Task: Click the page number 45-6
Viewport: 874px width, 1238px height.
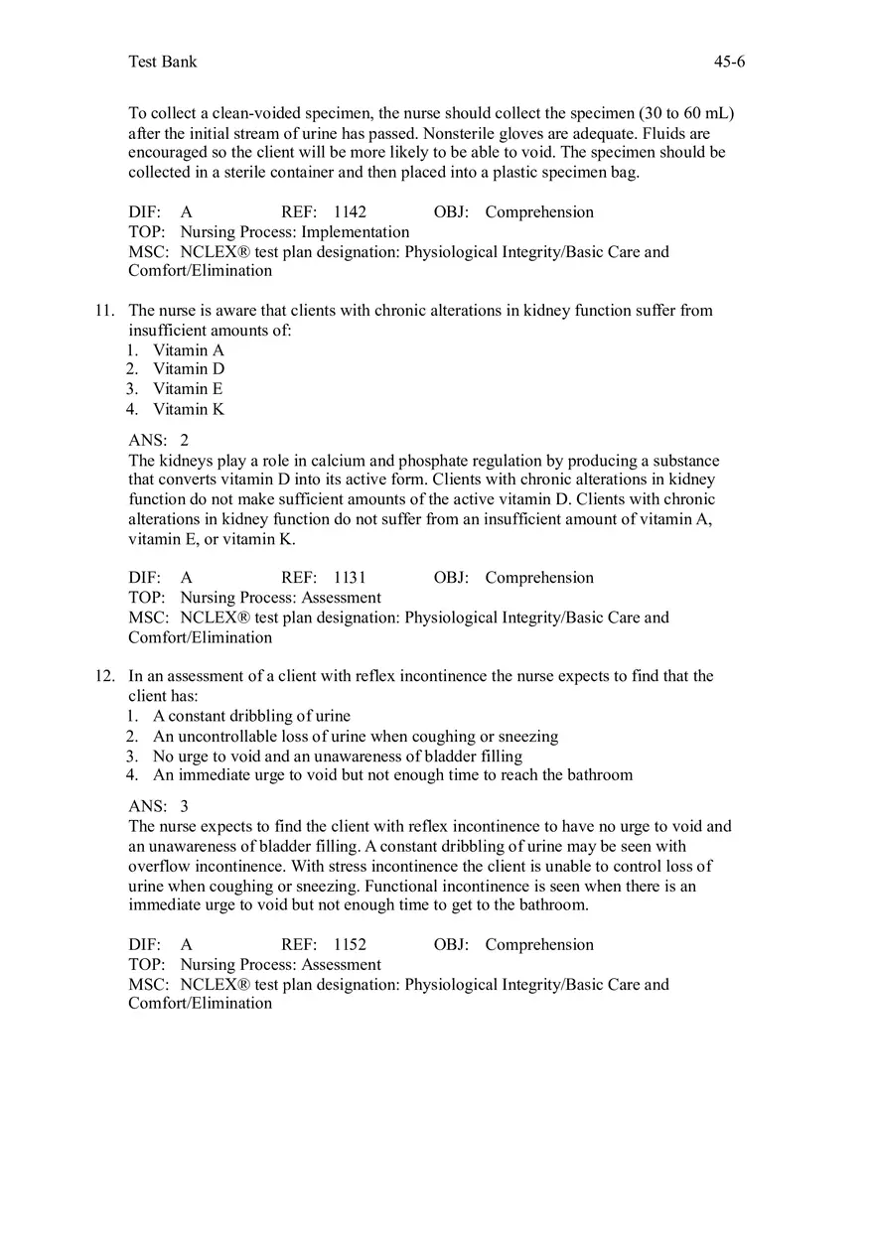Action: [729, 62]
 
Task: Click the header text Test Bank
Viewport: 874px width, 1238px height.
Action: [163, 62]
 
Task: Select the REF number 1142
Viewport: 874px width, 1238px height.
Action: [350, 212]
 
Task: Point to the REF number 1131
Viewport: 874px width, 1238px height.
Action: [350, 578]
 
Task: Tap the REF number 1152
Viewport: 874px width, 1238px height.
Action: [350, 945]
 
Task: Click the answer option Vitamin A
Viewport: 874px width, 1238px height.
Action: [189, 350]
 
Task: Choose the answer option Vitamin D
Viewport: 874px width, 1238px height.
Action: [189, 369]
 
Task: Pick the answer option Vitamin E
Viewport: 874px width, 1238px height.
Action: [188, 389]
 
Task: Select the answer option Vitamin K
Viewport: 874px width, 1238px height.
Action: [189, 409]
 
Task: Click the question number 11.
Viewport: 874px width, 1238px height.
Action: [105, 311]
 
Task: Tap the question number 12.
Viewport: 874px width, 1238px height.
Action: [105, 676]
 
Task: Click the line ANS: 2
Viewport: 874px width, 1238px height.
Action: [158, 441]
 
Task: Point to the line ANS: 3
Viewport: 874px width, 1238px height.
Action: [158, 807]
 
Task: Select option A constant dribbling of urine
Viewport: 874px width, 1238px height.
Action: [251, 716]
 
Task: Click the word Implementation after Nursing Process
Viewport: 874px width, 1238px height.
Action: [356, 232]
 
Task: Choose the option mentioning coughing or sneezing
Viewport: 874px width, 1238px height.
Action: [356, 737]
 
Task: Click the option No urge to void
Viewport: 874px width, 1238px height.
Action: [338, 756]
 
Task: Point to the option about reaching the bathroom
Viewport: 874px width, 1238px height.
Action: [392, 774]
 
